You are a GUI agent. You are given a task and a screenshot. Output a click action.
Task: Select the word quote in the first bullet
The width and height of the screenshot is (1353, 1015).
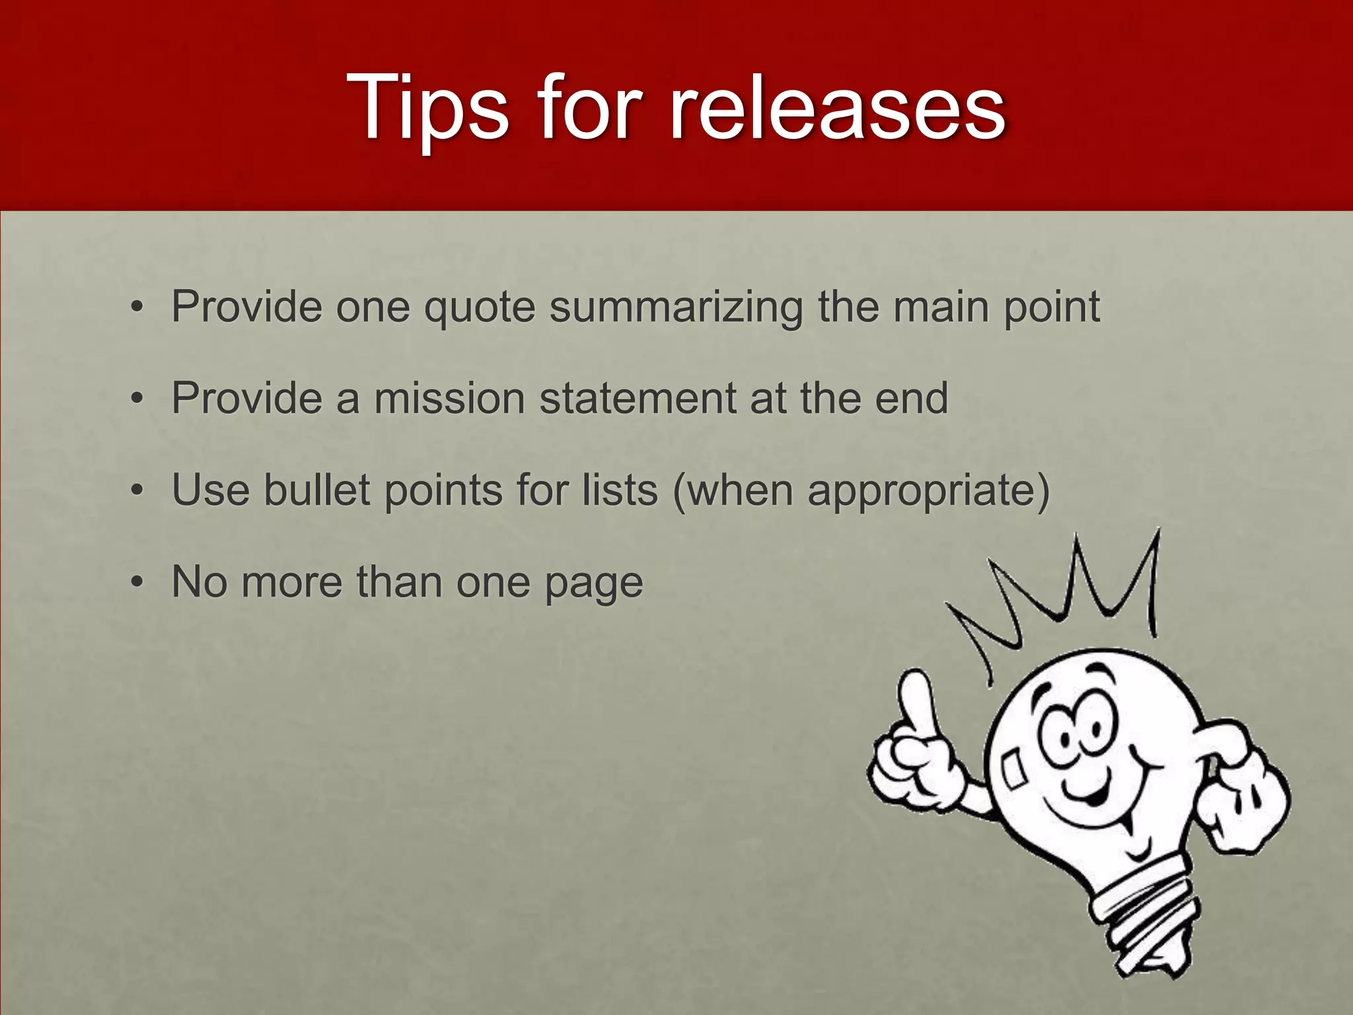(x=479, y=307)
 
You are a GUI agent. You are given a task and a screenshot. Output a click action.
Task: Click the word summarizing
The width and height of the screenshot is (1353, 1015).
(x=676, y=308)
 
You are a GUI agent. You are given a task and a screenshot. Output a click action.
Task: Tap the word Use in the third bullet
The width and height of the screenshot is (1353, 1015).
(x=211, y=490)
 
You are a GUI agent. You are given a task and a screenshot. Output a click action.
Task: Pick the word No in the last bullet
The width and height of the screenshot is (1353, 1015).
(x=200, y=582)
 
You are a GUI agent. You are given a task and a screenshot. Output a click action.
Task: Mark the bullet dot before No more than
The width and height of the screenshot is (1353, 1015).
(x=137, y=583)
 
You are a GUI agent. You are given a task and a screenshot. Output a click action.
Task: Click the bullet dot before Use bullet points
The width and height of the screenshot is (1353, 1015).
(x=137, y=491)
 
